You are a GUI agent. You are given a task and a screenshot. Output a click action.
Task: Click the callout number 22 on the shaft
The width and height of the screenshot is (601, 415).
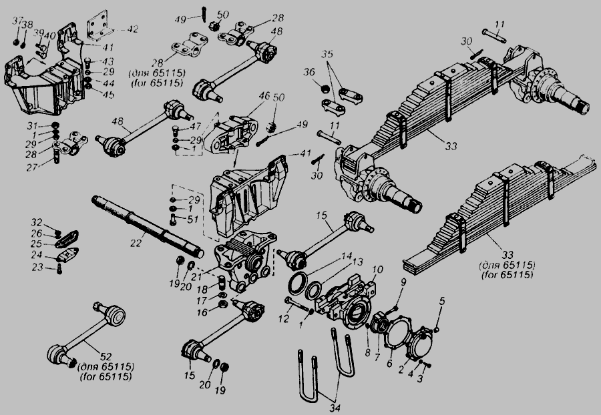[136, 244]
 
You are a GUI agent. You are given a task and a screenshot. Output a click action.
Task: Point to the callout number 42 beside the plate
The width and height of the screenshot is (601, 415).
[133, 29]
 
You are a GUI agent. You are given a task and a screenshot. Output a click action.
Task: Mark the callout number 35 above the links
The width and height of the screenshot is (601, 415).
[326, 53]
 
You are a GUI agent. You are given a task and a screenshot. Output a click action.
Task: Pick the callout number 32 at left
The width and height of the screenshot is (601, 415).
[38, 222]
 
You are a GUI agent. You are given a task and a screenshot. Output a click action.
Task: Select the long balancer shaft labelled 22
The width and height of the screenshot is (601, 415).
[147, 224]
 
